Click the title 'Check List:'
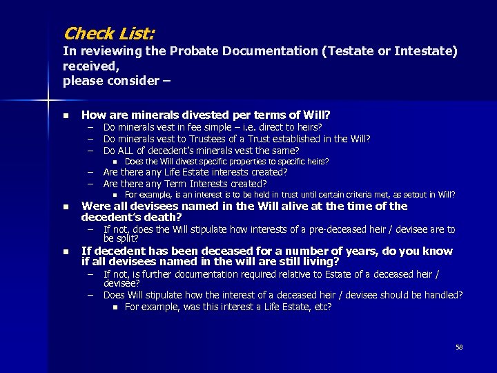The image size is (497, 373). pos(109,32)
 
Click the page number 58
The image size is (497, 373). pos(459,347)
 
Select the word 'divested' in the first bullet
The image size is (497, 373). pos(215,115)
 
